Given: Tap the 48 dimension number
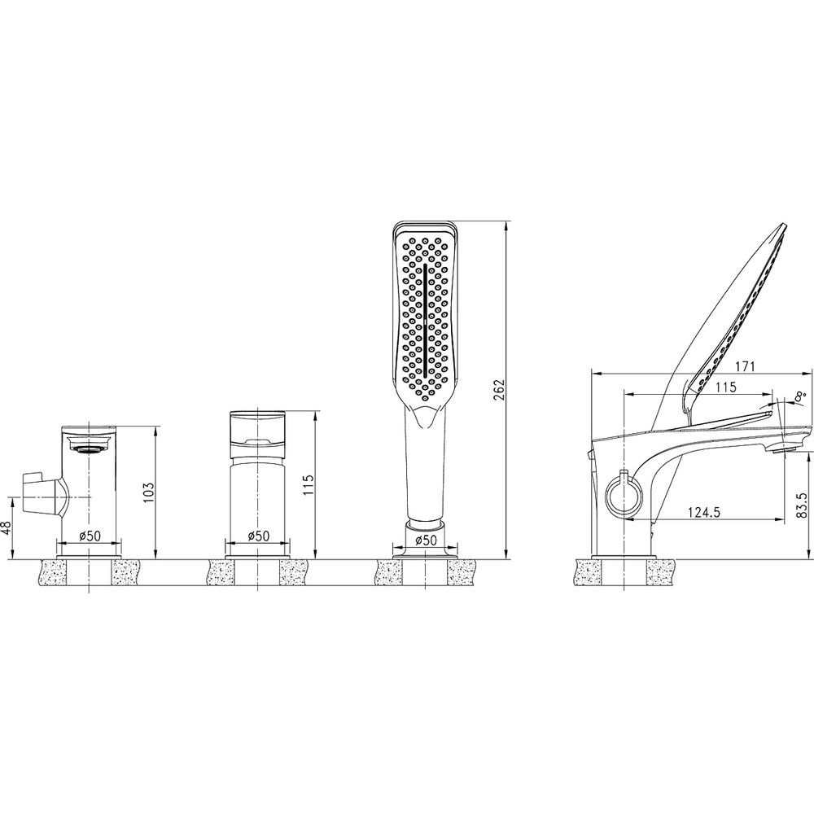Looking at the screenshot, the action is click(6, 527).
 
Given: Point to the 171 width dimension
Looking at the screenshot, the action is click(744, 366).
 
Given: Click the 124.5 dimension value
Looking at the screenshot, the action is click(704, 512).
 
